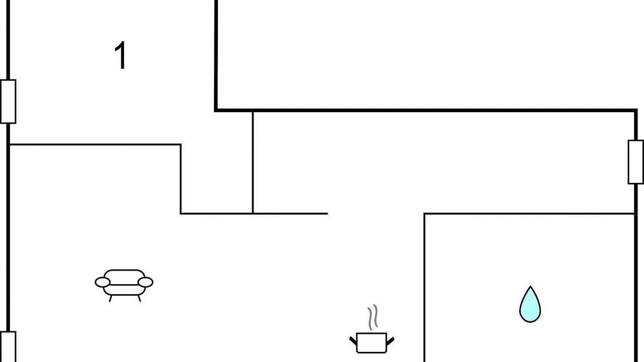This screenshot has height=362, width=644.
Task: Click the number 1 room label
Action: [x=121, y=55]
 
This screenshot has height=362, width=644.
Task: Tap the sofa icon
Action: [x=124, y=285]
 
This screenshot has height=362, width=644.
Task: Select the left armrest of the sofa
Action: [x=103, y=282]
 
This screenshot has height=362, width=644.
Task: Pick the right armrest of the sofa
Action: [x=145, y=282]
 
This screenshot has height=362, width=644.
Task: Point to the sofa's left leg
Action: [x=110, y=298]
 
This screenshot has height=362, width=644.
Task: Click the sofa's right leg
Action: [x=139, y=298]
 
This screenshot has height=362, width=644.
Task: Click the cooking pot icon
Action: [x=372, y=342]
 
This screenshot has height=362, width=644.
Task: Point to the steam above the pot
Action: [x=373, y=317]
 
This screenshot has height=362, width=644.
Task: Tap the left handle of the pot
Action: [x=353, y=341]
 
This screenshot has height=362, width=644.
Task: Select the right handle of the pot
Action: [x=390, y=341]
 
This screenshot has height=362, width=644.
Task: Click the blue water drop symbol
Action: [x=530, y=305]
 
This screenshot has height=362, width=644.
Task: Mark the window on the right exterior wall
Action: [x=635, y=162]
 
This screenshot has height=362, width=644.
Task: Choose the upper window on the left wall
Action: [x=8, y=102]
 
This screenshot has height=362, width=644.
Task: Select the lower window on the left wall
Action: [x=8, y=347]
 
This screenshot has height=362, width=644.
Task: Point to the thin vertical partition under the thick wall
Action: [x=253, y=162]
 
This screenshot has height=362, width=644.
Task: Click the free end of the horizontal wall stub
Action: [x=328, y=214]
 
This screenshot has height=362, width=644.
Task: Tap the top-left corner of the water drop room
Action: [x=424, y=214]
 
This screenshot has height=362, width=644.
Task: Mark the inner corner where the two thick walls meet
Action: [x=216, y=110]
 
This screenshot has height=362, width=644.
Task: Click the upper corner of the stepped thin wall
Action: [x=181, y=144]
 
